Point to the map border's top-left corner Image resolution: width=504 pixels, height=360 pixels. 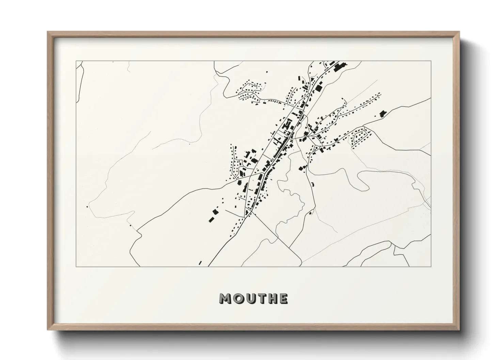click(x=76, y=61)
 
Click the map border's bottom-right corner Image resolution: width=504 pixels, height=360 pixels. click(x=431, y=266)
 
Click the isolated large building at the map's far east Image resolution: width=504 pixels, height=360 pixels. click(x=383, y=113)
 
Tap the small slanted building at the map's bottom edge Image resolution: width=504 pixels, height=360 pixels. click(x=200, y=263)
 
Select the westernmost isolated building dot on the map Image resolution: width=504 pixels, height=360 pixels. click(x=88, y=206)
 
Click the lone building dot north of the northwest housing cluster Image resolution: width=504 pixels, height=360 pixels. click(x=267, y=72)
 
